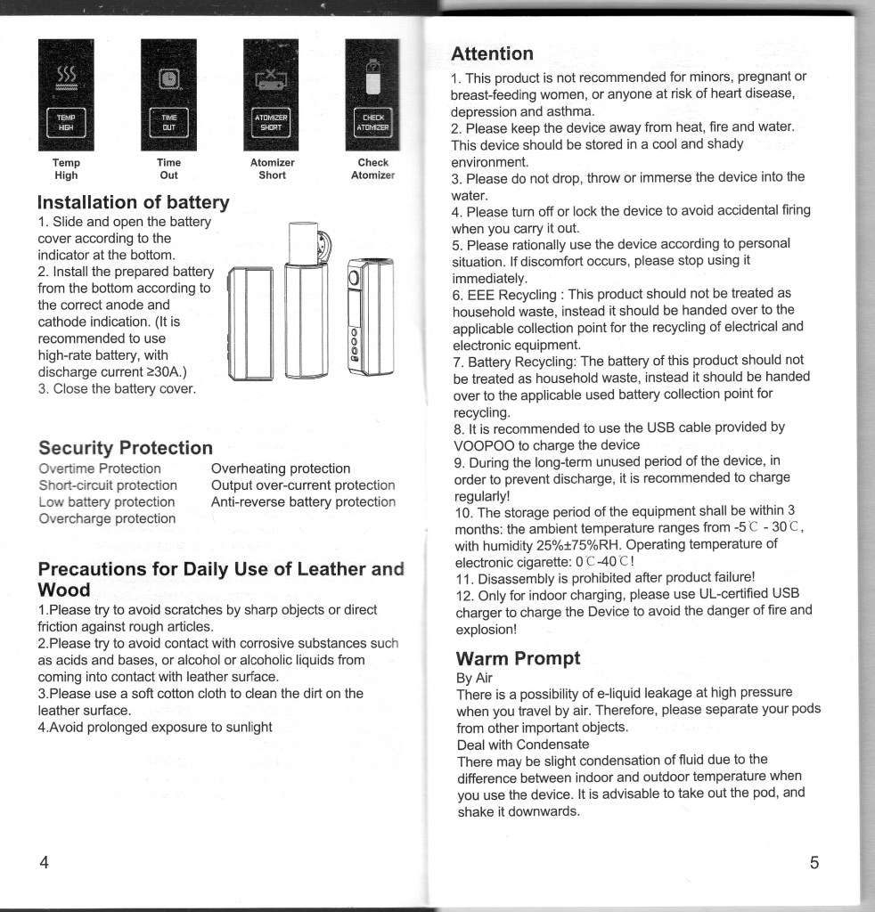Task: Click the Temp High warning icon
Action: (x=66, y=95)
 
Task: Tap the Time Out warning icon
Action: (x=168, y=95)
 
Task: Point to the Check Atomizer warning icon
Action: (x=372, y=95)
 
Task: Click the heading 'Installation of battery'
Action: (x=134, y=202)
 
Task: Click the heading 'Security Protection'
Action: (x=126, y=447)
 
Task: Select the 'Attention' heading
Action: (x=492, y=53)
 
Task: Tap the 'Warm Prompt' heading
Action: (x=518, y=658)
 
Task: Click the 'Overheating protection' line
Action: (x=281, y=468)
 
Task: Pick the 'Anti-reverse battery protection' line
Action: (x=303, y=502)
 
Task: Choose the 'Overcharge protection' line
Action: (x=107, y=518)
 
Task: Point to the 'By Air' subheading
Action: (x=474, y=677)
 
